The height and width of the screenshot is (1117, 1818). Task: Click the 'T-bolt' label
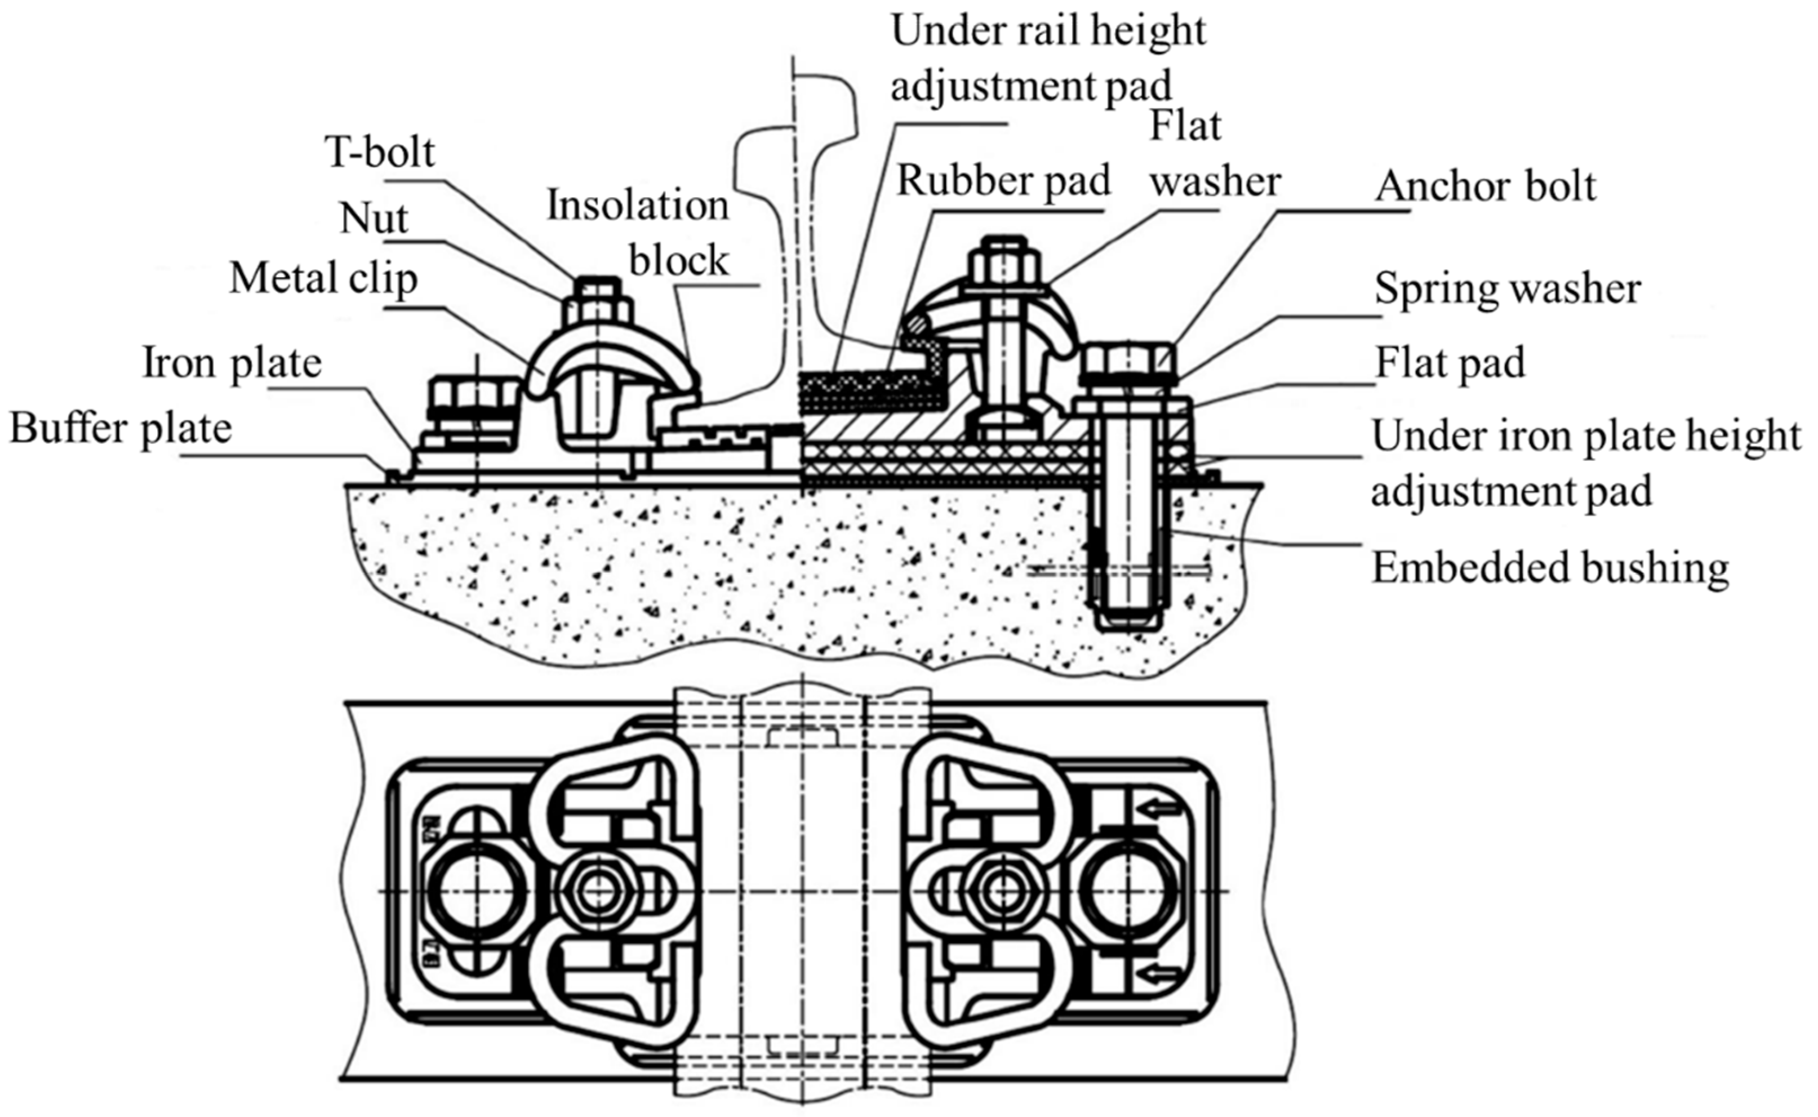(379, 153)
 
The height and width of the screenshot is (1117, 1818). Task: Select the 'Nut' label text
(373, 220)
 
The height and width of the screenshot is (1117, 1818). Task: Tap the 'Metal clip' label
(323, 279)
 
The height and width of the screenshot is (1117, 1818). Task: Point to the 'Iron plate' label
(232, 363)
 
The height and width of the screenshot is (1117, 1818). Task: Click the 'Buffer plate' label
(121, 429)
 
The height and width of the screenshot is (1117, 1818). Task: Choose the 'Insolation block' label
(638, 233)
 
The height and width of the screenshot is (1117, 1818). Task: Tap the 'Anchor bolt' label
(1485, 186)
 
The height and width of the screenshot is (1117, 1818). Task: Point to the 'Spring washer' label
(1507, 288)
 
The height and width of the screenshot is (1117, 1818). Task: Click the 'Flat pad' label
(1450, 363)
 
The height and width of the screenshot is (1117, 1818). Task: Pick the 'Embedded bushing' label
(1550, 568)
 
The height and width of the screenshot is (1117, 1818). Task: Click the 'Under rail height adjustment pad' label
(1047, 59)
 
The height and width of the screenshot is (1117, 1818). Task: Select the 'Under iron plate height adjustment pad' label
(1585, 463)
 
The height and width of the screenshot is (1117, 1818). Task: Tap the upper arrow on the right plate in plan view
(1158, 809)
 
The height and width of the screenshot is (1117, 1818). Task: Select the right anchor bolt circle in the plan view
(1127, 892)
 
